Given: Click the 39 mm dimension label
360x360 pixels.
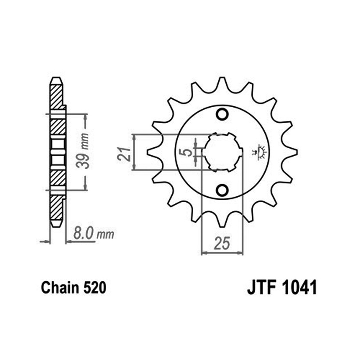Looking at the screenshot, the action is click(x=83, y=151).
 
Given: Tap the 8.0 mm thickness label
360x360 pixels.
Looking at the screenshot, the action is click(x=94, y=234).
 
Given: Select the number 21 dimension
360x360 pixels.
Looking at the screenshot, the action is click(x=124, y=154).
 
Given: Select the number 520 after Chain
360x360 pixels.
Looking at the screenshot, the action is click(x=95, y=288).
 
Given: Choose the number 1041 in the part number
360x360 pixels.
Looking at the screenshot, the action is click(x=299, y=288).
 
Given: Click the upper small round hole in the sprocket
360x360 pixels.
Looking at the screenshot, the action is click(x=222, y=114).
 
